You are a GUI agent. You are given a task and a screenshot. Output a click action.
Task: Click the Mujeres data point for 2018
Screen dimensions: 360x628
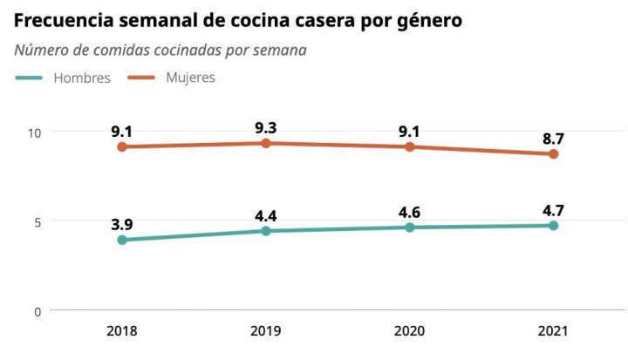pos(122,146)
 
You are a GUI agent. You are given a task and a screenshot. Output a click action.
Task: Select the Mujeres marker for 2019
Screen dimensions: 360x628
pos(266,143)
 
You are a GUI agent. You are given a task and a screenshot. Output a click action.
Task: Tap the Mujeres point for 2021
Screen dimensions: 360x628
pos(553,154)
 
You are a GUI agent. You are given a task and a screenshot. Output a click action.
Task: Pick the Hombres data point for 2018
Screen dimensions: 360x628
pos(122,240)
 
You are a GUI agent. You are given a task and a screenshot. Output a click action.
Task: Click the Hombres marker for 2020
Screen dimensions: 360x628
pos(410,228)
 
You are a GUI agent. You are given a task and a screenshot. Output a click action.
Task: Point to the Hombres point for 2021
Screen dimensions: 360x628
pos(553,226)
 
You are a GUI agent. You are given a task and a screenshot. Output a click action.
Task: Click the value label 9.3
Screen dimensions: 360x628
pos(266,127)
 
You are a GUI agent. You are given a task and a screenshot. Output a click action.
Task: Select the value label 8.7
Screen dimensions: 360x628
pos(553,139)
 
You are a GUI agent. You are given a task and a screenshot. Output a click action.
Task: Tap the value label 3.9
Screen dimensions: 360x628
pos(122,224)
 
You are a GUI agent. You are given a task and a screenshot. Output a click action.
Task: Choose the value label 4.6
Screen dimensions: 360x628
pos(410,212)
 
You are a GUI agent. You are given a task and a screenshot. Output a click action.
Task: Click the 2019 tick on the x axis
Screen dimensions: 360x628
pos(266,331)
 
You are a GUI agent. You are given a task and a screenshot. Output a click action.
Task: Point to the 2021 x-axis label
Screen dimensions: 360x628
pos(553,331)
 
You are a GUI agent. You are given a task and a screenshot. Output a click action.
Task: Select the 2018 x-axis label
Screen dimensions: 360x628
pos(122,331)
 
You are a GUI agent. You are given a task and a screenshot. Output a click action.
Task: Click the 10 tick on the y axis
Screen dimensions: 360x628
pos(35,132)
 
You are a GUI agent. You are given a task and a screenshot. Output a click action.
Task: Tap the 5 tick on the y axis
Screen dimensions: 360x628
pos(38,221)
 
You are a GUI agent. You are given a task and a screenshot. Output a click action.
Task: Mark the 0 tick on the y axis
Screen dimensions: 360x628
pos(38,311)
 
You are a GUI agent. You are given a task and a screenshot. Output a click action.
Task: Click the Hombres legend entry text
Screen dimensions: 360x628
pos(82,78)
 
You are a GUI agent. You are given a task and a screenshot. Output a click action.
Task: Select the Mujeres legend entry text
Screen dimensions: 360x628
pos(190,78)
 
